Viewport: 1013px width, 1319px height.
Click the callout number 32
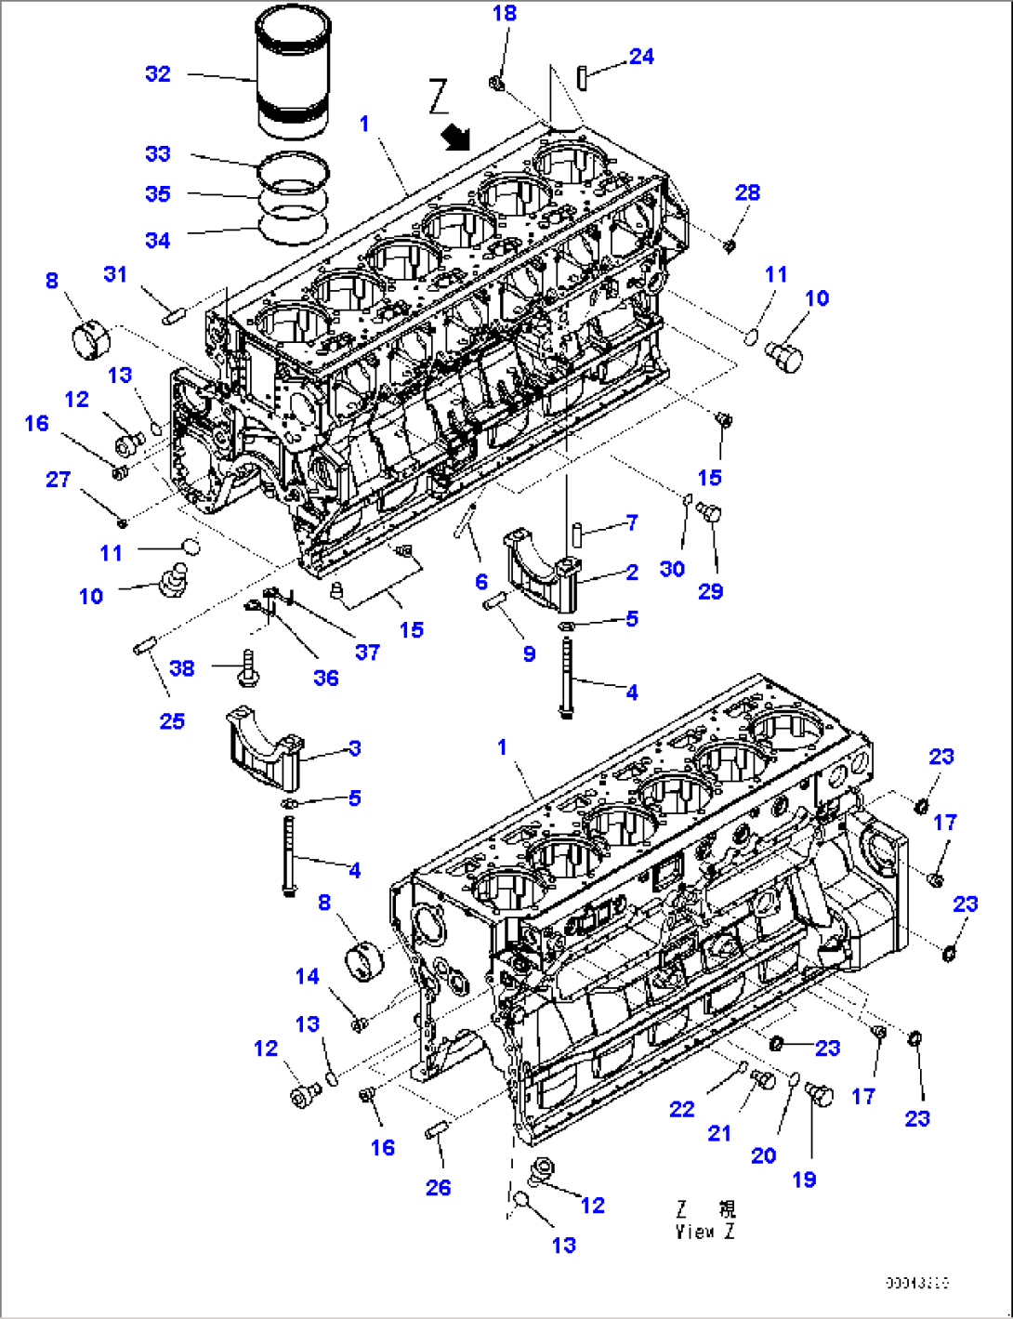point(158,73)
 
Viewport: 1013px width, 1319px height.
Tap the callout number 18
point(505,13)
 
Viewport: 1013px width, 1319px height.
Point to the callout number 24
point(641,57)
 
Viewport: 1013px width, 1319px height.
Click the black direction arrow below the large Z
point(456,138)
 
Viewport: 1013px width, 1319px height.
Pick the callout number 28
point(747,192)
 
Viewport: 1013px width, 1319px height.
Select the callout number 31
point(115,274)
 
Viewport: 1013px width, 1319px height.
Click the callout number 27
point(59,479)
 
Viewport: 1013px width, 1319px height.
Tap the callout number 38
point(182,667)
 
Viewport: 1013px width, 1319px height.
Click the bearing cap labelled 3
point(263,748)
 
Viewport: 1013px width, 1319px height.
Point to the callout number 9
point(529,653)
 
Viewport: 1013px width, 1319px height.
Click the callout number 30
point(672,569)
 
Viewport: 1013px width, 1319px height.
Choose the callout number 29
point(711,591)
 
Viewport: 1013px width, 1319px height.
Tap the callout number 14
point(308,976)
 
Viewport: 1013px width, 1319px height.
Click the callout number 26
point(438,1187)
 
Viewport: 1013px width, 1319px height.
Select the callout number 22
point(682,1109)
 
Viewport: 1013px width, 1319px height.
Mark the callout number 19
point(804,1179)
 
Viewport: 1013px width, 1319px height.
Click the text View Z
point(705,1232)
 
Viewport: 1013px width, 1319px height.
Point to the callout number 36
point(326,678)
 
